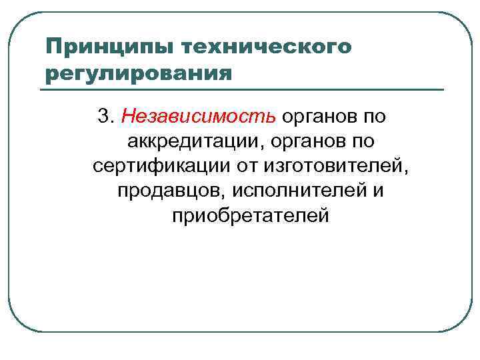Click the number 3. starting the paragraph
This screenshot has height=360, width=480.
click(x=107, y=117)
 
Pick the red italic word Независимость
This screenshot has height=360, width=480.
click(x=199, y=117)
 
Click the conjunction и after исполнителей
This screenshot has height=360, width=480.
click(x=379, y=191)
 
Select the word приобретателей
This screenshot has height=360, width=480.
click(x=250, y=215)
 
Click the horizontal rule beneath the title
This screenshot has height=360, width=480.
click(x=244, y=89)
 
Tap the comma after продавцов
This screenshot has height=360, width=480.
click(x=227, y=196)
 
